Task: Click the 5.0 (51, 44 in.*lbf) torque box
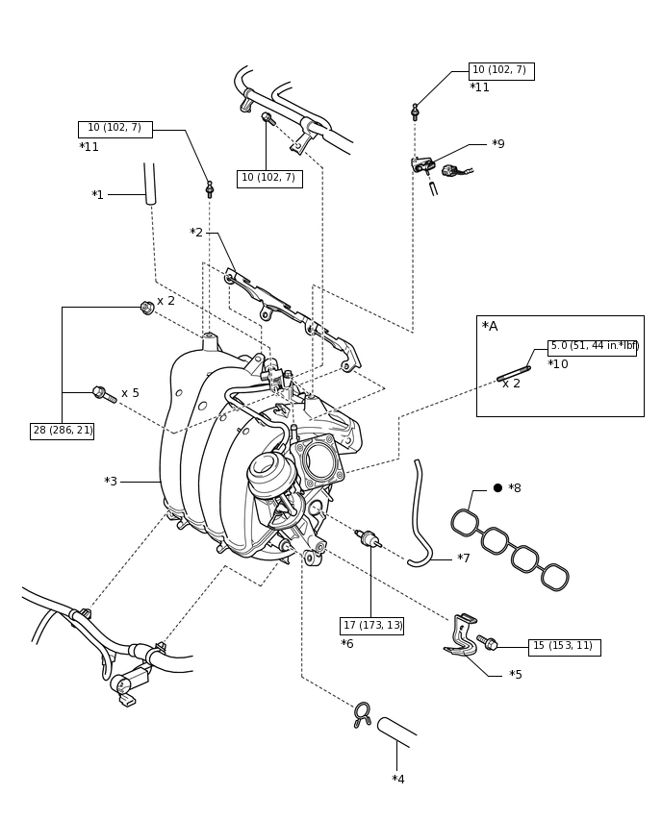tap(592, 347)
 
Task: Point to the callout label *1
tap(98, 195)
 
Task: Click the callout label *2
tap(196, 233)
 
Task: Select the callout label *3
tap(111, 482)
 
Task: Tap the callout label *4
tap(398, 780)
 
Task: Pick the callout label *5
tap(516, 674)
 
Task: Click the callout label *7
tap(463, 558)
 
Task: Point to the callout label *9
tap(497, 144)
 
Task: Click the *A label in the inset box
tap(490, 327)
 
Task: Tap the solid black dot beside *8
tap(497, 488)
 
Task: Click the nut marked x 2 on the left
tap(147, 308)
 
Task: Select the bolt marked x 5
tap(105, 394)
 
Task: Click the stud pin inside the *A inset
tap(514, 374)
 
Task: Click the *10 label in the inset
tap(558, 364)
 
